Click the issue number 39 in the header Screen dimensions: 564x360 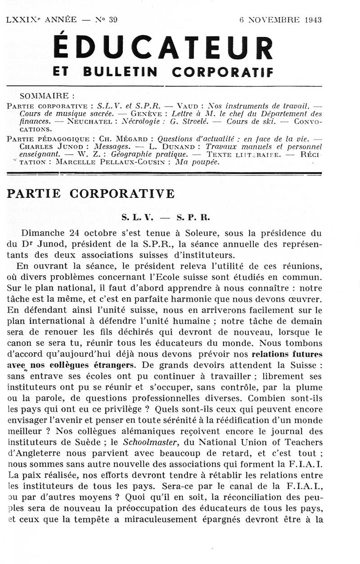(x=112, y=19)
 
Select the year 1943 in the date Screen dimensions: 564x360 (x=313, y=19)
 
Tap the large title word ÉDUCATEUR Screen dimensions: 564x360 (x=162, y=47)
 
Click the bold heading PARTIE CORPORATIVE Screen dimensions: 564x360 (x=90, y=194)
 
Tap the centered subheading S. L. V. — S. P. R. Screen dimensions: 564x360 (x=166, y=217)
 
